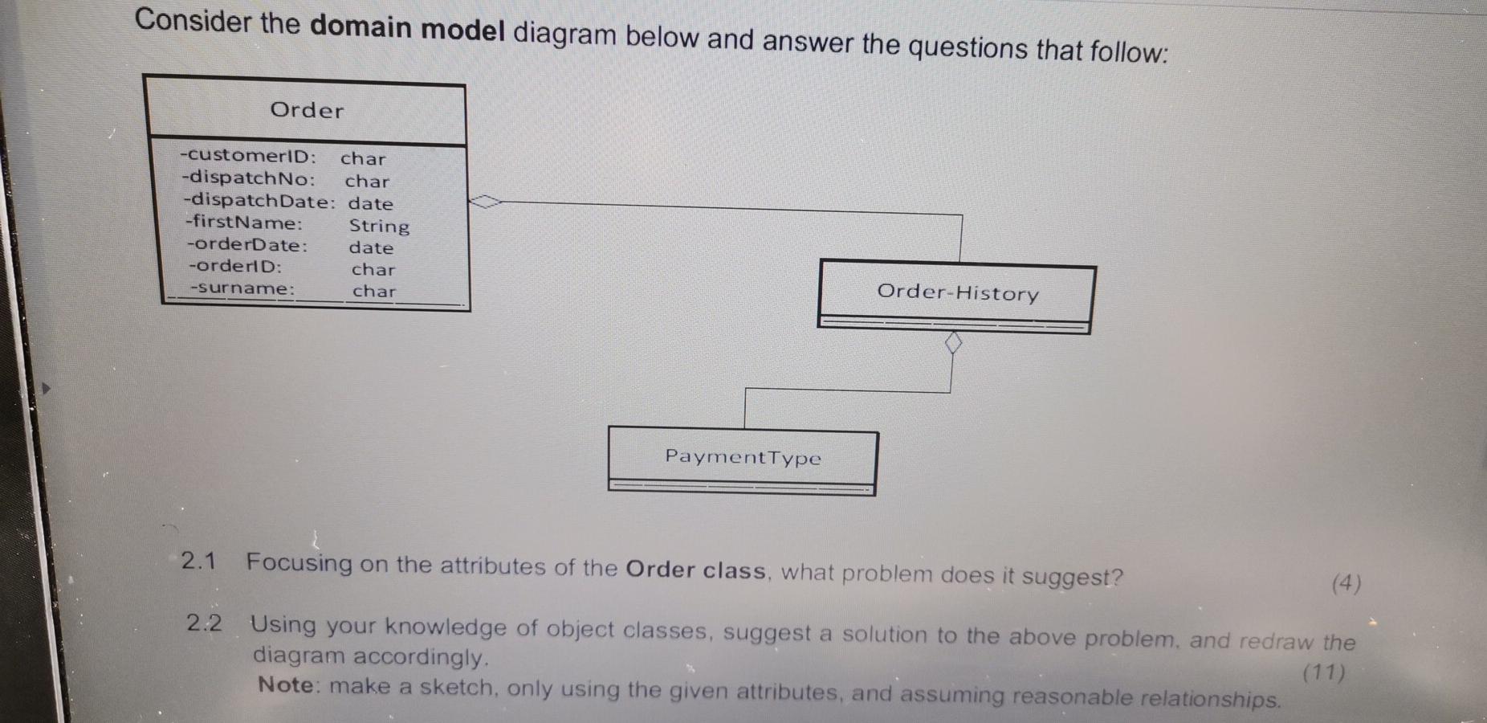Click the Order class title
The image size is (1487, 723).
pyautogui.click(x=307, y=110)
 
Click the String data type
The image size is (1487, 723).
pyautogui.click(x=379, y=227)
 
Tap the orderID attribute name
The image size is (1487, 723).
pyautogui.click(x=235, y=266)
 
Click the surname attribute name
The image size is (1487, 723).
pyautogui.click(x=242, y=288)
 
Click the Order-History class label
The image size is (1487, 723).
pyautogui.click(x=958, y=292)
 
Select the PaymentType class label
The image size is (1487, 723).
pyautogui.click(x=743, y=457)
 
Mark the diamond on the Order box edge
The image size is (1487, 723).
pyautogui.click(x=485, y=202)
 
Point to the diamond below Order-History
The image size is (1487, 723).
pyautogui.click(x=953, y=344)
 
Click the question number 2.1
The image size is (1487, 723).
pyautogui.click(x=198, y=561)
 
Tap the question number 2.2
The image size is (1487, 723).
pyautogui.click(x=204, y=623)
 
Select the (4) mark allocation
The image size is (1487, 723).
pyautogui.click(x=1346, y=583)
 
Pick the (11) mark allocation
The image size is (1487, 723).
pyautogui.click(x=1324, y=672)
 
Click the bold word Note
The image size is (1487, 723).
pyautogui.click(x=285, y=685)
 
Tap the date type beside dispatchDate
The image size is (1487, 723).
pyautogui.click(x=370, y=204)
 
